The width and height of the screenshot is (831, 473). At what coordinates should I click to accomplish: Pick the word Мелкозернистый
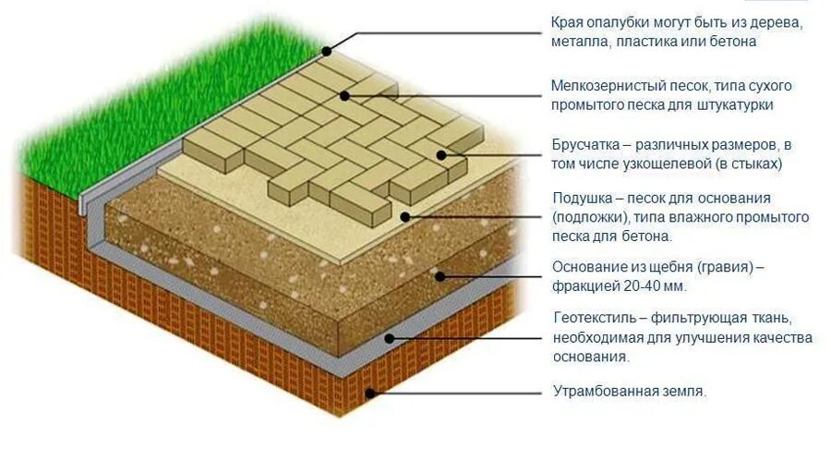tap(607, 86)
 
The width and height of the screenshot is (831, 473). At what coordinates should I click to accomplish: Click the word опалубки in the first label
tap(621, 22)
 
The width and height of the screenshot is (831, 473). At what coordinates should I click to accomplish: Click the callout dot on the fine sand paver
tap(344, 94)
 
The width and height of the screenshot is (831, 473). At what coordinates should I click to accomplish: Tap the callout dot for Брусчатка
tap(441, 154)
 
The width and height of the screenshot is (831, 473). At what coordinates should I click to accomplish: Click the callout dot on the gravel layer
tap(440, 274)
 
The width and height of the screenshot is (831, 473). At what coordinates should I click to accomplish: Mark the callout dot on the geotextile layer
tap(390, 338)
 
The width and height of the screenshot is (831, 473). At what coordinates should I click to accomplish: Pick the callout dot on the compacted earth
tap(369, 393)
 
